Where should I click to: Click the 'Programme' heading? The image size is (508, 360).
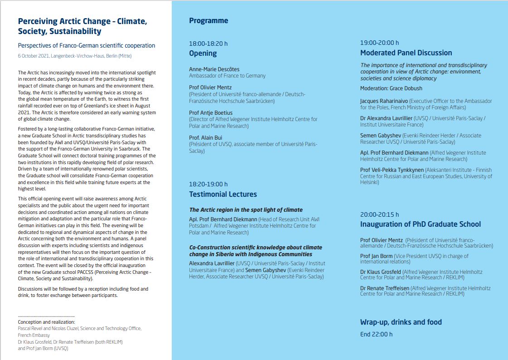click(208, 21)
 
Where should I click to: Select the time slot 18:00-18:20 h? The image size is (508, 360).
click(208, 44)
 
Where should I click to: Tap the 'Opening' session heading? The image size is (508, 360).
click(203, 54)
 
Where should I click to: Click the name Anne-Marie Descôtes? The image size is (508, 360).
click(214, 69)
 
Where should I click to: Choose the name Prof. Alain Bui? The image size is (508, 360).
click(205, 138)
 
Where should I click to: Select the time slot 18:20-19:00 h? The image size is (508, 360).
click(208, 185)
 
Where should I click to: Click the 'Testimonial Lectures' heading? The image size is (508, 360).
click(223, 195)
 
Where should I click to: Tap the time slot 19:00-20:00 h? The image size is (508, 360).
click(379, 43)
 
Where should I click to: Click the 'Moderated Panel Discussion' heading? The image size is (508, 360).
click(406, 53)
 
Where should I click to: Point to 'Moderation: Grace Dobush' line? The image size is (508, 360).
click(391, 88)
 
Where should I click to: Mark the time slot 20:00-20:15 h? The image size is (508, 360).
click(379, 214)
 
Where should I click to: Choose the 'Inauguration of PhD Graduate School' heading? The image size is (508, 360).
click(420, 224)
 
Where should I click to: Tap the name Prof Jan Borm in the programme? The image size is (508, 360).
click(376, 256)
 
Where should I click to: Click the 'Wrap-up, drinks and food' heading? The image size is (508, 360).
click(401, 322)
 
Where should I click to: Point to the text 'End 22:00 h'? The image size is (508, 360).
click(376, 335)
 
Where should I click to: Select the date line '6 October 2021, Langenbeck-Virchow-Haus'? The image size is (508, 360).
click(74, 56)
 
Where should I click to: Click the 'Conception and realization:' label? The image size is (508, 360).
click(46, 322)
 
